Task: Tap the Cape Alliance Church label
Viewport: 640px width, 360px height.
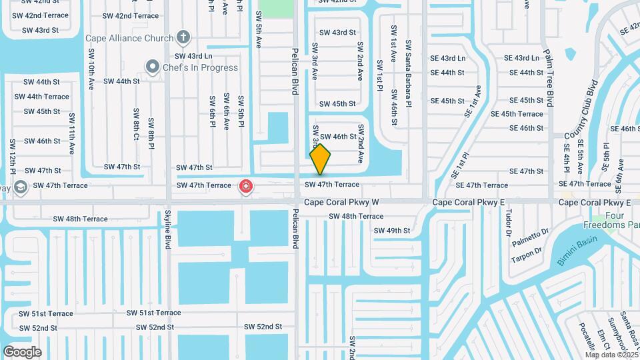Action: click(129, 38)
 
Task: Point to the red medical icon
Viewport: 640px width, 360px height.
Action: click(246, 185)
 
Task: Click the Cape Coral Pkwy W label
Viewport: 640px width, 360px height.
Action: click(341, 201)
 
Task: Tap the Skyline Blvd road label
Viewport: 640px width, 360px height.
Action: click(167, 230)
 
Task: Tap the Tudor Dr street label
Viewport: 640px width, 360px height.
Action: click(508, 226)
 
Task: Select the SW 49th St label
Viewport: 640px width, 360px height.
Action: click(392, 231)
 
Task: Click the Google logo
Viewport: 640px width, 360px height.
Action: click(22, 352)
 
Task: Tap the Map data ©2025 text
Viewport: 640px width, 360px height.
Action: click(611, 355)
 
